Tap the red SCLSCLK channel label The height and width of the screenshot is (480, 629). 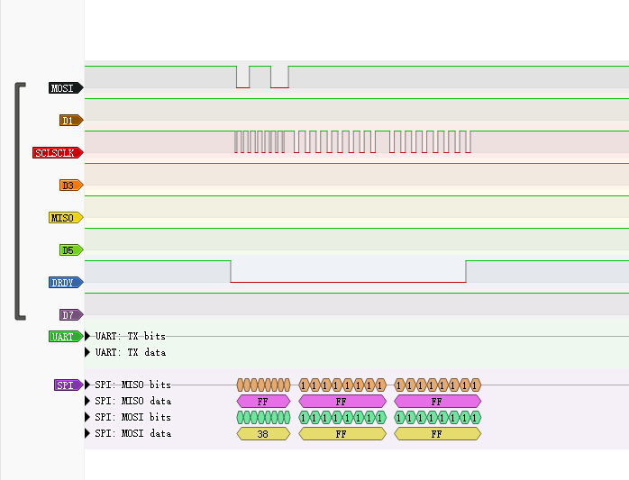[x=57, y=153]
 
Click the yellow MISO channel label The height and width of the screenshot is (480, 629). [x=65, y=218]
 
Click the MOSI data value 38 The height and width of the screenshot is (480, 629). [x=263, y=434]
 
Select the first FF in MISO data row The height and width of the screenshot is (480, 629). [x=263, y=402]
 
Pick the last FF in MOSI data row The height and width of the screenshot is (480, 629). [x=437, y=434]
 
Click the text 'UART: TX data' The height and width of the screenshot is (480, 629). [x=131, y=353]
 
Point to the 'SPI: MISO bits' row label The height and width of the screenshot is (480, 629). [x=132, y=385]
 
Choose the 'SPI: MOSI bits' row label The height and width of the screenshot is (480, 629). [x=132, y=418]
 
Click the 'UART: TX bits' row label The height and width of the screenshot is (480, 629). [x=131, y=337]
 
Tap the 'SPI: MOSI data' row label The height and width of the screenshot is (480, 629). [x=132, y=434]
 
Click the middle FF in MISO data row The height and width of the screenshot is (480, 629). [x=342, y=402]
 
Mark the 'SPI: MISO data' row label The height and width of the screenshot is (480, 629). [x=132, y=402]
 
